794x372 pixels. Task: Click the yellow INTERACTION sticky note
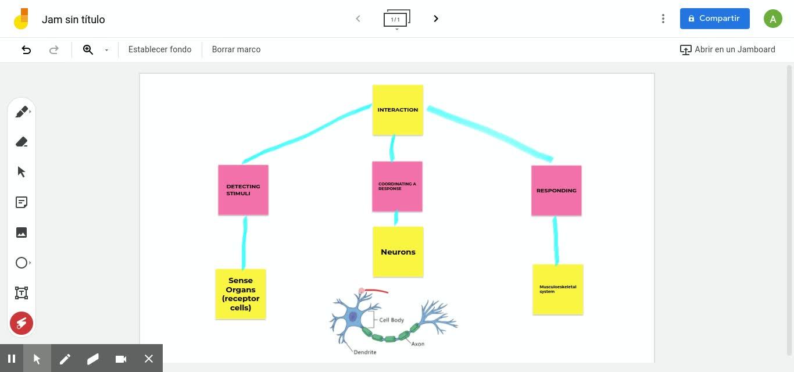[x=398, y=110]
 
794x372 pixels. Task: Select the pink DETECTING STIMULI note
[x=243, y=190]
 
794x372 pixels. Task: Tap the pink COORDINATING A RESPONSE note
[x=397, y=187]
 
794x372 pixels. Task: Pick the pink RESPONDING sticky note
[x=556, y=191]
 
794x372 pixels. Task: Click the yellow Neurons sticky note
[x=398, y=252]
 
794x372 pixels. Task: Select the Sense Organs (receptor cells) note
[x=241, y=294]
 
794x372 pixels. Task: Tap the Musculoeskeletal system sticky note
[x=558, y=289]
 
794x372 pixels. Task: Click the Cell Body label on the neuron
[x=391, y=320]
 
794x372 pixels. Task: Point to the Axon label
[x=417, y=344]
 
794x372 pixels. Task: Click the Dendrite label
[x=365, y=352]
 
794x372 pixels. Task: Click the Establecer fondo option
[x=160, y=49]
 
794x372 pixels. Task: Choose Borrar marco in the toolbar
[x=236, y=49]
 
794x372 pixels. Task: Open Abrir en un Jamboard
[x=728, y=49]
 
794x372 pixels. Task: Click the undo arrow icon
[x=26, y=49]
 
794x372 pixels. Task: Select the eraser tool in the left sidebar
[x=22, y=142]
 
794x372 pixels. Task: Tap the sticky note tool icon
[x=22, y=202]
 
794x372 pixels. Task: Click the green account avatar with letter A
[x=772, y=19]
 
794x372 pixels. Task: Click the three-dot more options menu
[x=663, y=19]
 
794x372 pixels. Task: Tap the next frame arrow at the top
[x=436, y=19]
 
